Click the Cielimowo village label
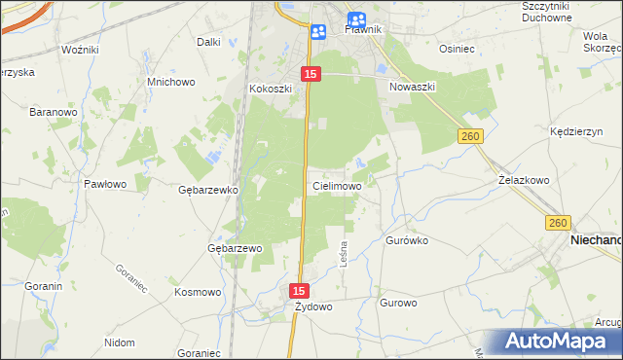[337, 185]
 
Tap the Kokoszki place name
[271, 89]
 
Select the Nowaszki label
[413, 87]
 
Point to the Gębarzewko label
[208, 190]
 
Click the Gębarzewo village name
[236, 248]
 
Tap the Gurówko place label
[407, 239]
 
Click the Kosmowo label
[198, 291]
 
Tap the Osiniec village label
[457, 48]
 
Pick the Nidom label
[119, 343]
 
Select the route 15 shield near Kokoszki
[311, 74]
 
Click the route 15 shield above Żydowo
[300, 291]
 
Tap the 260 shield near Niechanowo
[558, 223]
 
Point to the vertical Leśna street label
[343, 256]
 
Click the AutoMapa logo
[559, 342]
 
